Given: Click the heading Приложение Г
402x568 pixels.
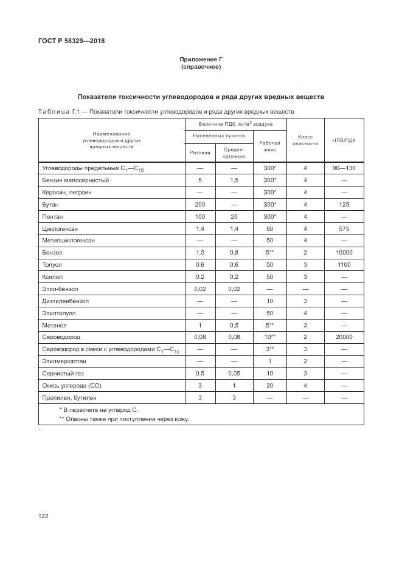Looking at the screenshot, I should [201, 60].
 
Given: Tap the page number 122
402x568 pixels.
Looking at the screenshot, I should [43, 516].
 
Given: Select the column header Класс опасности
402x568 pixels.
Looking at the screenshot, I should [305, 140].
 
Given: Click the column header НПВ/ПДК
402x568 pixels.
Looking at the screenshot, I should [344, 140].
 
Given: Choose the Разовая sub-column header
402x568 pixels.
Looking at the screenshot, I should [200, 152].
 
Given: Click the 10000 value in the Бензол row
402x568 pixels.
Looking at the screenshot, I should [344, 253].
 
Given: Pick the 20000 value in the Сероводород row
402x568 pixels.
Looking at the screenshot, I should [344, 337].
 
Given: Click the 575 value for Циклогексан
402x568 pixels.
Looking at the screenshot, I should [344, 228].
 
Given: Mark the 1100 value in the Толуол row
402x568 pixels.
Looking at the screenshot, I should [344, 265].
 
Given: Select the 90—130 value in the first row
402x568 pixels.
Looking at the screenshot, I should [344, 168].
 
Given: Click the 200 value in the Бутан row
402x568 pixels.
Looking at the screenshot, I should [200, 205].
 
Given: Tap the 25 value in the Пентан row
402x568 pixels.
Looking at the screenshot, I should [234, 217].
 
